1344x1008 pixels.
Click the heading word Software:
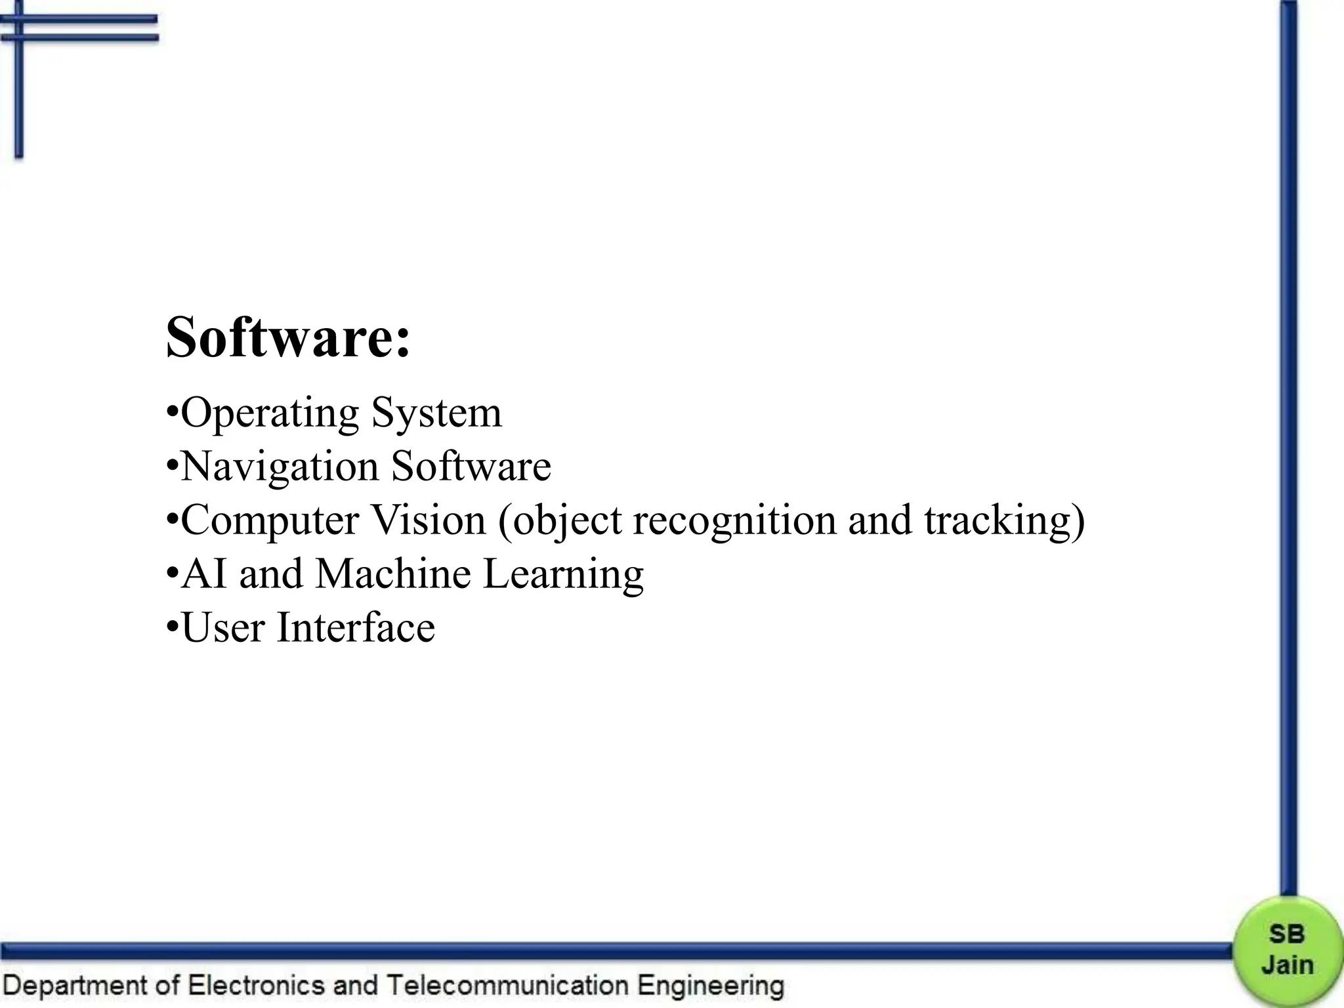point(287,337)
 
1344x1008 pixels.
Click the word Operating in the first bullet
point(270,413)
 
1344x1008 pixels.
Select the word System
point(436,413)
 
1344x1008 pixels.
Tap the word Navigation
point(280,467)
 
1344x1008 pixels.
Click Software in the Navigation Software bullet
point(471,467)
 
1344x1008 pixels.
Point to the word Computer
point(270,521)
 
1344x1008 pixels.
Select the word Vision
point(429,520)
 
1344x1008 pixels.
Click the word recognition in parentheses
point(734,520)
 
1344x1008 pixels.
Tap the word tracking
point(997,521)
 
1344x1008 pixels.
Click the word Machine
point(393,574)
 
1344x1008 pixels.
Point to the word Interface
point(356,627)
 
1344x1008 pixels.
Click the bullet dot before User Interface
point(171,626)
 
